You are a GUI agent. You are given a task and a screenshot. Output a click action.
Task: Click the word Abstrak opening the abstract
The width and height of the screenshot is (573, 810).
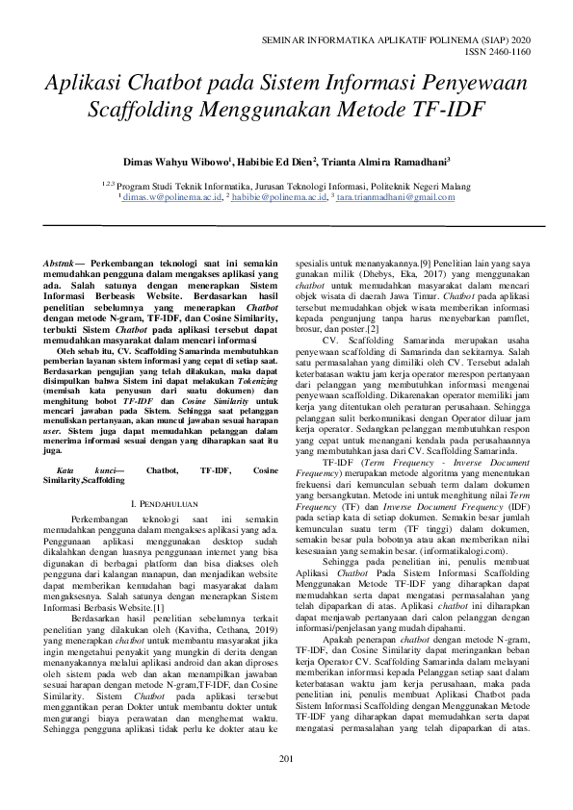pos(65,263)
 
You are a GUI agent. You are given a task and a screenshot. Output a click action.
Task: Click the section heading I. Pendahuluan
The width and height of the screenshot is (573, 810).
pos(165,477)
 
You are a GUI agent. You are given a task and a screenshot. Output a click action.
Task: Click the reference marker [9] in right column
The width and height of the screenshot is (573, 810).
pos(425,262)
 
